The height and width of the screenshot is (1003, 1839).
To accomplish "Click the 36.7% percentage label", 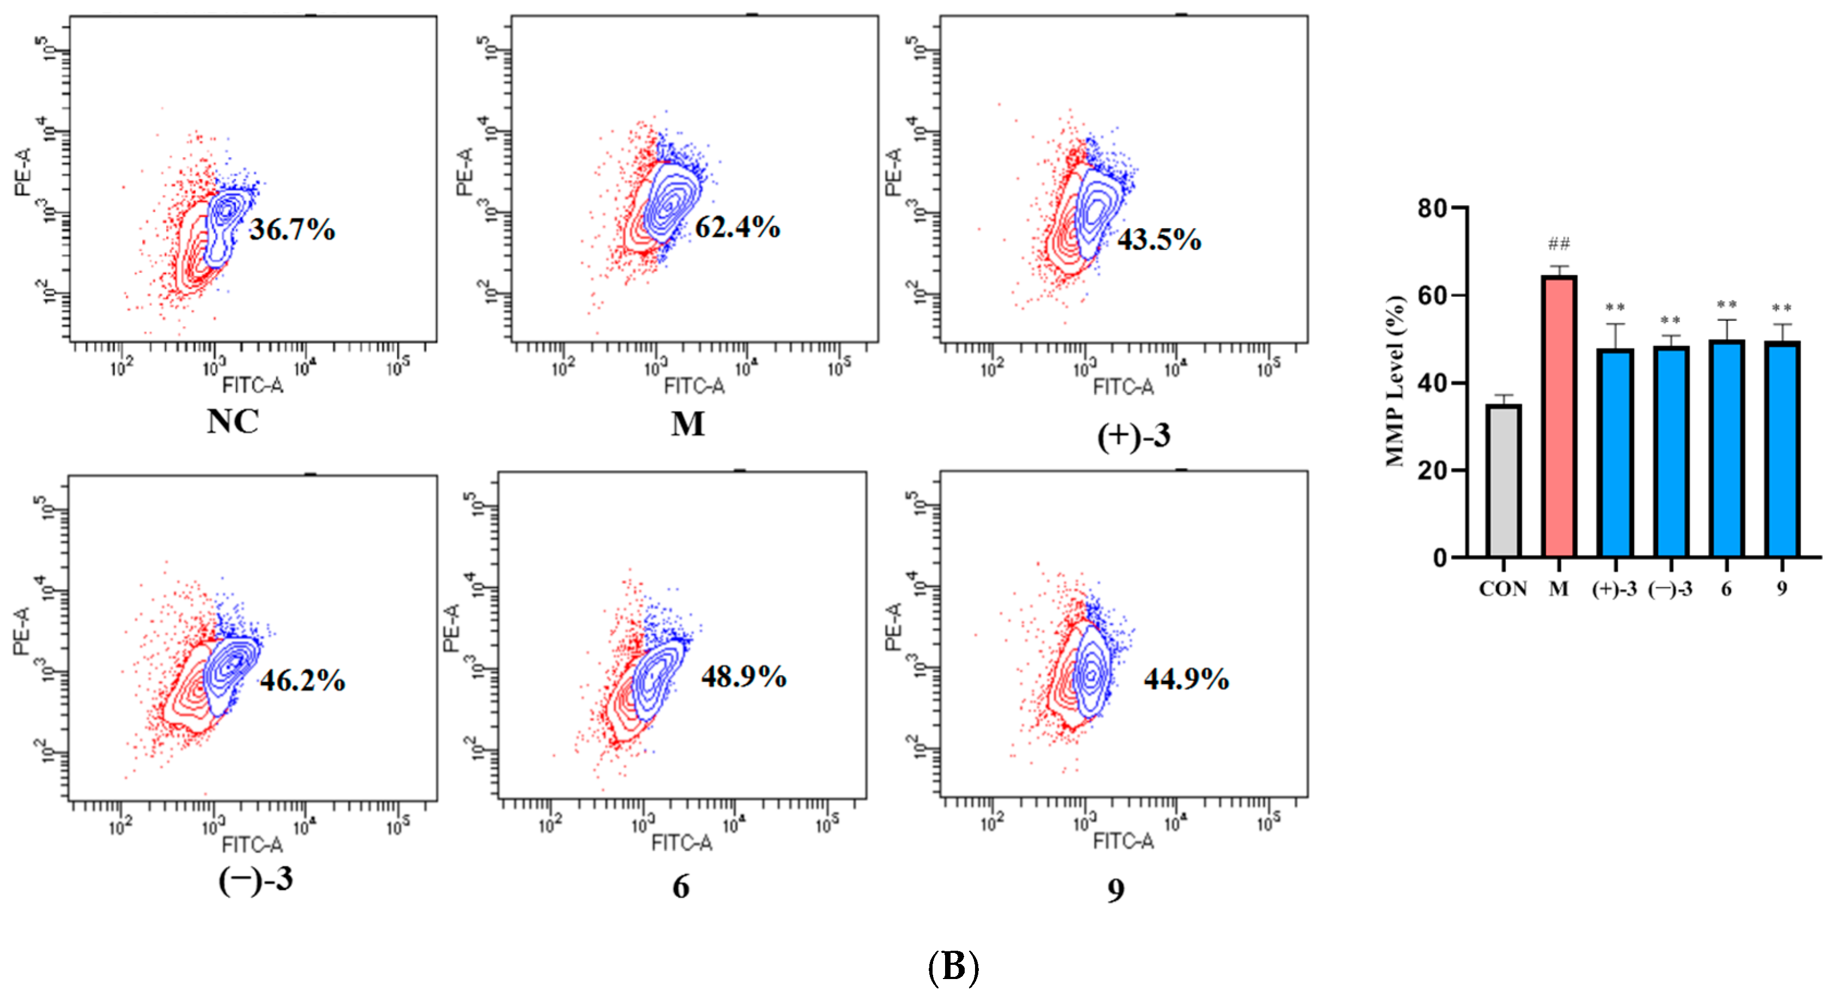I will (292, 229).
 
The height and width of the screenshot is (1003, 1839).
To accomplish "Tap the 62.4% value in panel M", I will (738, 227).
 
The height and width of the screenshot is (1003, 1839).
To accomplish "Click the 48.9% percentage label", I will (744, 676).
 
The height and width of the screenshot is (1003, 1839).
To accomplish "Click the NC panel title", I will (232, 421).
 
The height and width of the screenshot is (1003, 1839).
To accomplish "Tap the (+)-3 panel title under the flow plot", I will (1133, 436).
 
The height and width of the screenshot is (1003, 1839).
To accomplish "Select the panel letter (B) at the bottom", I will (953, 967).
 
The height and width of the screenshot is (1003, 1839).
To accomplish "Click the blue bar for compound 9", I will (1782, 450).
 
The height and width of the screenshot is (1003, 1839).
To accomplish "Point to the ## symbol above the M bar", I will (1559, 244).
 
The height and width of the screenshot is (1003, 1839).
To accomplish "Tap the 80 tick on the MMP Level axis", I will (1432, 209).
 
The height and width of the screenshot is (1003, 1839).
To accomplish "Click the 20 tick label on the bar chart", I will (1432, 470).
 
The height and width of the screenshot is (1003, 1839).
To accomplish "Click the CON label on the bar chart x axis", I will (1503, 589).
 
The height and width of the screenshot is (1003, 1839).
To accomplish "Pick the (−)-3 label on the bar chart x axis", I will (1670, 589).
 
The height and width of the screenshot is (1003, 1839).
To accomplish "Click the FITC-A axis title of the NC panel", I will (252, 386).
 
